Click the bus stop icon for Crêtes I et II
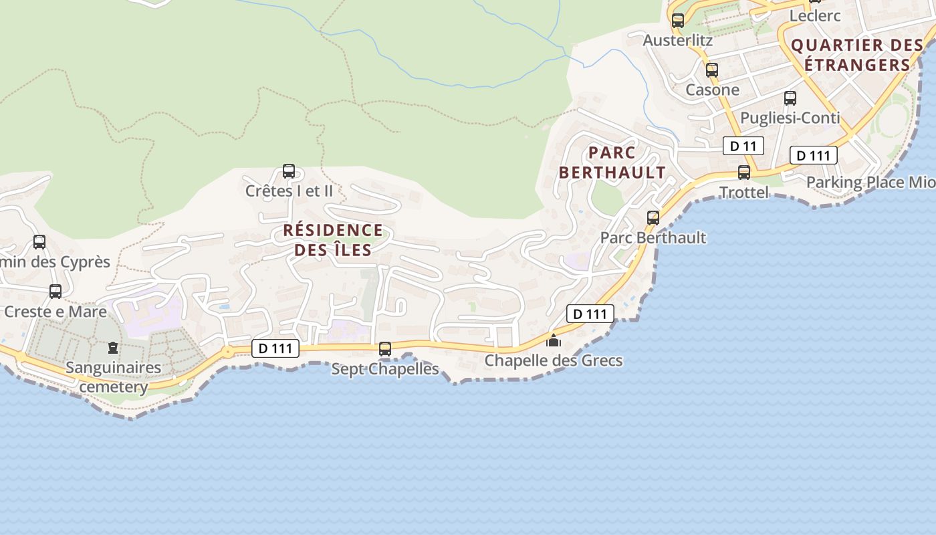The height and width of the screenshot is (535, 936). click(289, 171)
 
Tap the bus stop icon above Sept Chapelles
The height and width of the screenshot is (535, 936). click(385, 348)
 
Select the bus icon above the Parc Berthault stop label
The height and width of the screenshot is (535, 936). click(653, 217)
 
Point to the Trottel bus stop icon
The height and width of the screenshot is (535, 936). click(744, 173)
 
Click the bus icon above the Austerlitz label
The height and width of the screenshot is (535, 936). click(678, 20)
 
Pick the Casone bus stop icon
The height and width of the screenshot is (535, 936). click(712, 70)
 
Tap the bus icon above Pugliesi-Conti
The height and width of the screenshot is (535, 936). click(790, 98)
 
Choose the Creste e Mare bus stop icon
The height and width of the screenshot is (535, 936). click(55, 292)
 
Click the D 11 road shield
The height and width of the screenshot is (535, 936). click(743, 146)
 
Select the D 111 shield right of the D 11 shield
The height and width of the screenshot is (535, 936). click(814, 156)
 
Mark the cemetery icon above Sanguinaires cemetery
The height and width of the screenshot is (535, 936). click(113, 348)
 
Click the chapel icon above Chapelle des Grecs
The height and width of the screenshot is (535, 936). click(554, 340)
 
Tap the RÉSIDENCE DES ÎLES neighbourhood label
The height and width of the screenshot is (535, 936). click(333, 240)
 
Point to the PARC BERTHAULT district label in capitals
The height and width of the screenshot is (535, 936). click(612, 163)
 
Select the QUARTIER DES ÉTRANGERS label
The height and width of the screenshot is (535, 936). click(857, 55)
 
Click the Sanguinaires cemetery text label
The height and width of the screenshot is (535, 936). click(114, 377)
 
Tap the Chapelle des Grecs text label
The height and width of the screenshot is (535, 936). click(554, 360)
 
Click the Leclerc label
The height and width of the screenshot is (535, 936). click(815, 15)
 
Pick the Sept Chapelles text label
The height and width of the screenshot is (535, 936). click(385, 368)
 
